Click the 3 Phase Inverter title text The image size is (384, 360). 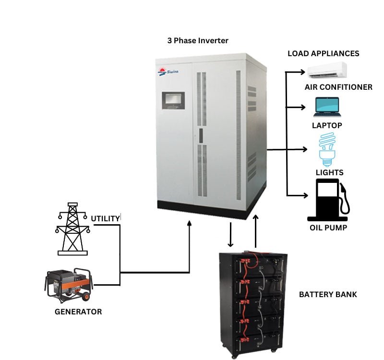198,41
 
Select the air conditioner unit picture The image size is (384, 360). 327,70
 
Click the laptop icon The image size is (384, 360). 327,107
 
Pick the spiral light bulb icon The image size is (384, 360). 327,148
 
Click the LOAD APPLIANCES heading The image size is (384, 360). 323,53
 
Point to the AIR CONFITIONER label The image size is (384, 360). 338,87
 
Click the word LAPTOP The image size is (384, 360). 327,125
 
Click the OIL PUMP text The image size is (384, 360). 328,227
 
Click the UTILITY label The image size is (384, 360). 105,219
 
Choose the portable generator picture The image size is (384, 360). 69,285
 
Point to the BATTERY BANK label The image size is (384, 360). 328,294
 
